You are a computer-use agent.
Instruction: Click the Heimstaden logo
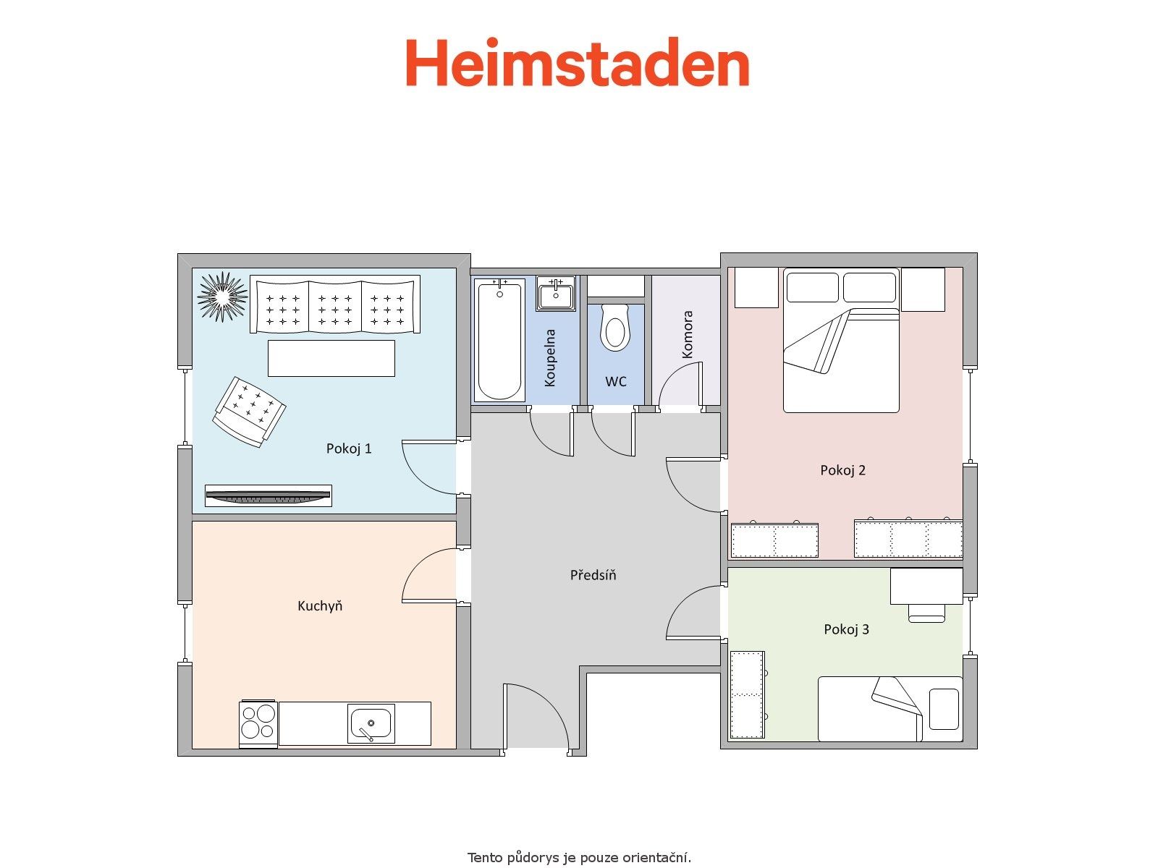pos(577,61)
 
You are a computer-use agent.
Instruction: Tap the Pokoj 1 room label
pos(349,448)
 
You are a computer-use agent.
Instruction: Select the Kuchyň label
pos(320,605)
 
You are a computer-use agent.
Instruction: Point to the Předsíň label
pos(593,574)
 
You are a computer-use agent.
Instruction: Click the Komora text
pos(687,335)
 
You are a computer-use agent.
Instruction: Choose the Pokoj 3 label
pos(846,629)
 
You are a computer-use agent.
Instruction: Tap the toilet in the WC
pos(615,327)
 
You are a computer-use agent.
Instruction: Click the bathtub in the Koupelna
pos(499,340)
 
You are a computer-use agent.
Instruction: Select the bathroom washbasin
pos(556,294)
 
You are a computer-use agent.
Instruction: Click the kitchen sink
pos(371,723)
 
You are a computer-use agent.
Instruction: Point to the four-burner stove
pos(258,723)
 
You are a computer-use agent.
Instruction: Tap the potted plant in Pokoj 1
pos(223,297)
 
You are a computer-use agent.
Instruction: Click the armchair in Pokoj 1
pos(249,412)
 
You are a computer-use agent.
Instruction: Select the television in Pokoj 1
pos(268,495)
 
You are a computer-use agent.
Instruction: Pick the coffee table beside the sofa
pos(331,358)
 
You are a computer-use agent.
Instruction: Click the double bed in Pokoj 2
pos(841,341)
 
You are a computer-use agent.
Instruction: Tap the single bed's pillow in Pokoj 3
pos(944,709)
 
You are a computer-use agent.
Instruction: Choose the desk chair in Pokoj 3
pos(926,613)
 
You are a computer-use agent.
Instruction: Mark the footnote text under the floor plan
pos(579,857)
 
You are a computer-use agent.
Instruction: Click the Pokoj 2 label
pos(843,470)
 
